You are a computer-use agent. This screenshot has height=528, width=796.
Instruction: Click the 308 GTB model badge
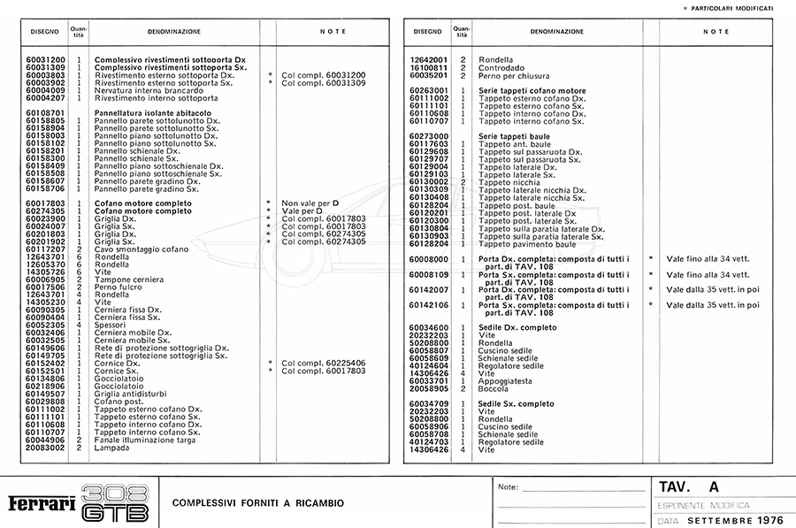click(x=114, y=503)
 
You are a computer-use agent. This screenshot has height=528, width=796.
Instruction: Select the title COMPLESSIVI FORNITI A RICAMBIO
click(x=258, y=503)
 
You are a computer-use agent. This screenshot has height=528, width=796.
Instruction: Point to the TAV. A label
click(x=689, y=487)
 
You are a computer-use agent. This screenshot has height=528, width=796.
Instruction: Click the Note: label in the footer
click(x=509, y=487)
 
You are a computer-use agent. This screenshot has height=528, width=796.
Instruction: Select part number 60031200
click(x=45, y=60)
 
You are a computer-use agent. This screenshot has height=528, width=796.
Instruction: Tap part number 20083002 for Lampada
click(x=45, y=448)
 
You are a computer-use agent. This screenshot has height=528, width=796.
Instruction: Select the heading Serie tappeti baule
click(x=514, y=136)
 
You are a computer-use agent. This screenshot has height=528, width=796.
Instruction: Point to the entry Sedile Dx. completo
click(x=517, y=327)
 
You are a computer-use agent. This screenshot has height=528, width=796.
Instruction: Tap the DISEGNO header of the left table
click(x=45, y=32)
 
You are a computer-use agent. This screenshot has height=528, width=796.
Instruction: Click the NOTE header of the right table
click(x=716, y=32)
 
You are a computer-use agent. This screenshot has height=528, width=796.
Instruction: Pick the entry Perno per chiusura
click(x=514, y=75)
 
